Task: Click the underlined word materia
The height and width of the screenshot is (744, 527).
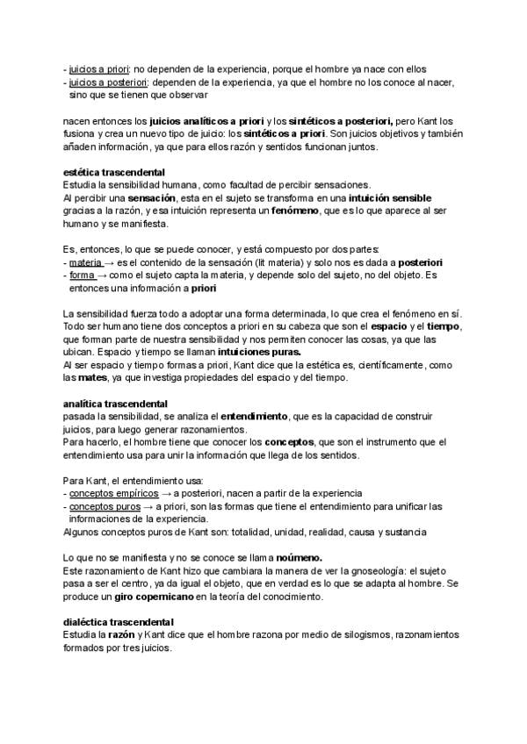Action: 85,263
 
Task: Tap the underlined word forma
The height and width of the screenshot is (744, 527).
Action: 83,275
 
